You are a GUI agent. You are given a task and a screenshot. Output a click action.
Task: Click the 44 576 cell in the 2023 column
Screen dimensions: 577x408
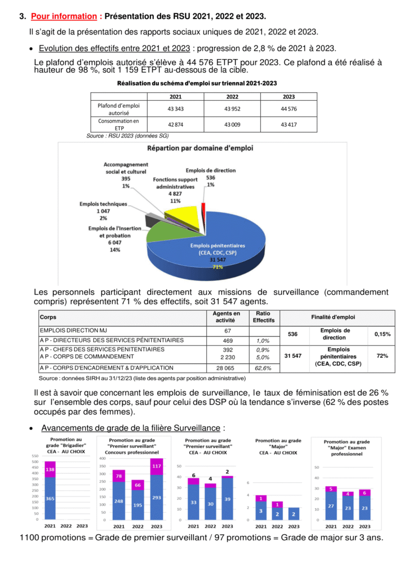tap(289, 109)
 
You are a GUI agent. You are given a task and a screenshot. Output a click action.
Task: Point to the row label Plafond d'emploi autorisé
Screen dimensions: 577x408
tap(118, 109)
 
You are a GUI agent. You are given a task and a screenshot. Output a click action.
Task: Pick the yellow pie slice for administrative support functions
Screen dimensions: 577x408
tap(180, 215)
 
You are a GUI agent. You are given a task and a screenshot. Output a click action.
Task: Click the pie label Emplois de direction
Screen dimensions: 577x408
tap(211, 170)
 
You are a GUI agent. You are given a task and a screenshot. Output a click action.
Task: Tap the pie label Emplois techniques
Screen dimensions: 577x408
tap(103, 204)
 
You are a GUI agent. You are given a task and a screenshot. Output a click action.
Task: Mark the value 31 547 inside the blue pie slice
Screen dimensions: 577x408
tap(218, 260)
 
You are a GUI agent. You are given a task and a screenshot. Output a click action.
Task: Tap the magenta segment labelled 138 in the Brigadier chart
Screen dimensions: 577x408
tap(50, 469)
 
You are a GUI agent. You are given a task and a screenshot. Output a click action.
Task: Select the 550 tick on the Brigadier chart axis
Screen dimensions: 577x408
tap(35, 456)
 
